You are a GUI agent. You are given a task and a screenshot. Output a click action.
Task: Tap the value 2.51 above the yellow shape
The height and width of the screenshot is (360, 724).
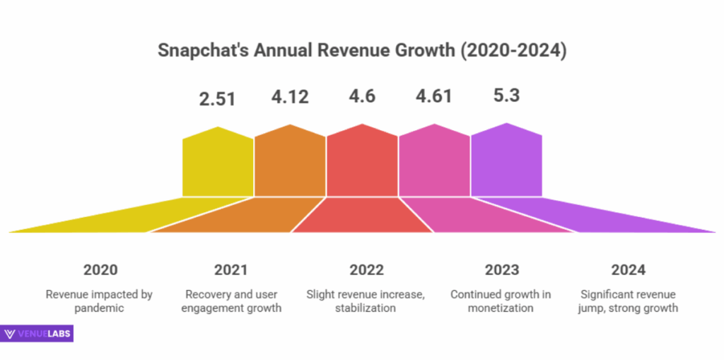[217, 98]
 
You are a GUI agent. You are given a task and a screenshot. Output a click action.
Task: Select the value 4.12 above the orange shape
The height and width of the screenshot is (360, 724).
[289, 97]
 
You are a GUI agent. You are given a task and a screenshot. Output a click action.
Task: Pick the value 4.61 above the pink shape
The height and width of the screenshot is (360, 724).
[433, 97]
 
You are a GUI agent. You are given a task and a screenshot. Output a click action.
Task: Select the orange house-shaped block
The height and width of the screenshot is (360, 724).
[290, 163]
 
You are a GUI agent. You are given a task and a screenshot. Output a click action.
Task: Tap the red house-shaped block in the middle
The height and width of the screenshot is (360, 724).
[362, 163]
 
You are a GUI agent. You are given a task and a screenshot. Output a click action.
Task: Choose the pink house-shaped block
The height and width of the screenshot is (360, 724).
[434, 163]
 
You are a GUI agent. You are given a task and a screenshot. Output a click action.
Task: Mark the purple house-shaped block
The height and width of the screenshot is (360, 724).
[506, 162]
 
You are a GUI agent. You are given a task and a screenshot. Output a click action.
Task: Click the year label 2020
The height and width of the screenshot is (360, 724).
[100, 270]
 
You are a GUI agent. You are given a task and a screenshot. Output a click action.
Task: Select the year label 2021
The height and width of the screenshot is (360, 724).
[231, 270]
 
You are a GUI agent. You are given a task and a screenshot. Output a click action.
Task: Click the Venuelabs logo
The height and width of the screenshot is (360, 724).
[37, 334]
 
